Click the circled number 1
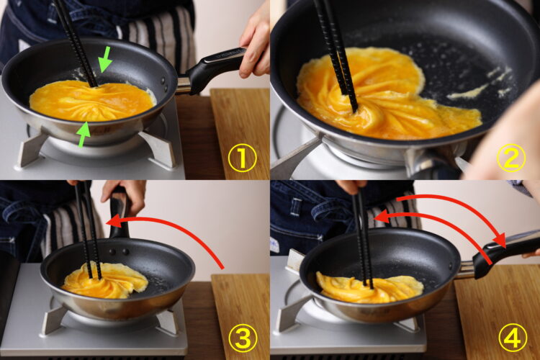click(x=243, y=158)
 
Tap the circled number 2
click(x=511, y=158)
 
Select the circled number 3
click(x=243, y=338)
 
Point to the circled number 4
click(x=513, y=338)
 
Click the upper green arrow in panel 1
click(x=105, y=59)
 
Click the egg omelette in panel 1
click(x=91, y=101)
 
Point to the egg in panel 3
click(x=105, y=280)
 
